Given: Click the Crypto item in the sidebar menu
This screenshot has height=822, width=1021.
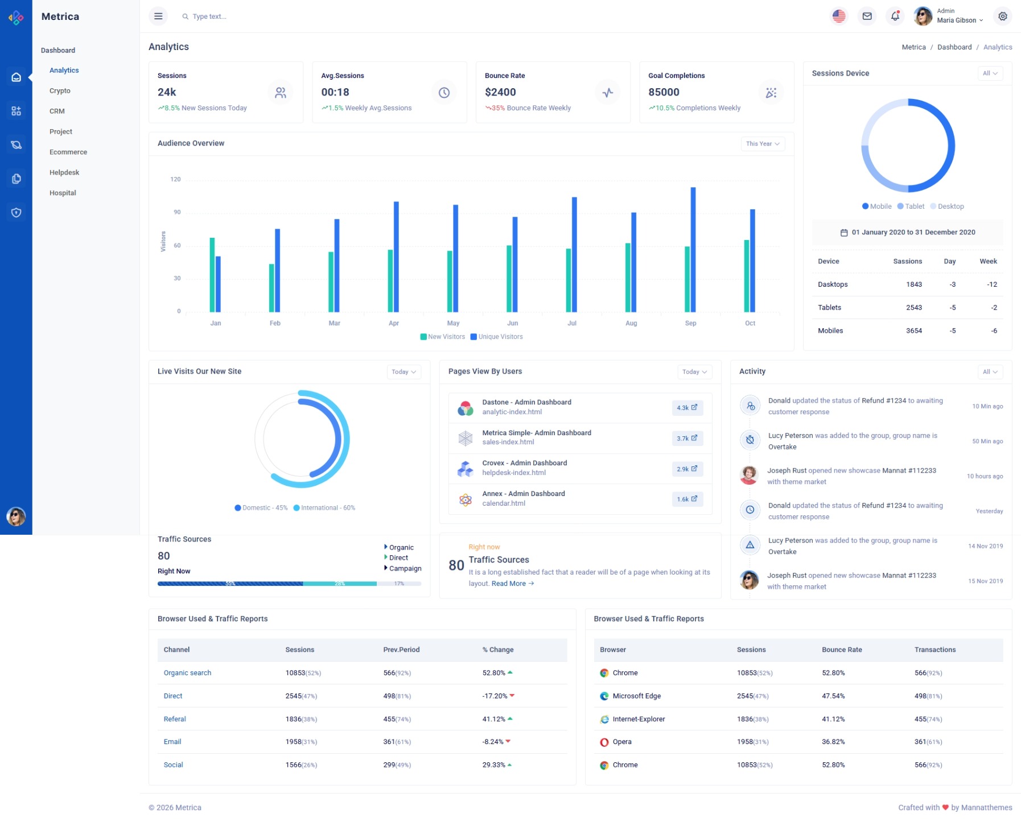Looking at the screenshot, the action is click(x=60, y=91).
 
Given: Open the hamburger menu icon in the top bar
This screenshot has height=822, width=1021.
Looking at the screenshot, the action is click(x=158, y=16).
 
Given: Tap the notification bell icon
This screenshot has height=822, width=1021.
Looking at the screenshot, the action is click(x=895, y=16).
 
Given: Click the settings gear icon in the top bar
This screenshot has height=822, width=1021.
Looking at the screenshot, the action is click(x=1002, y=16).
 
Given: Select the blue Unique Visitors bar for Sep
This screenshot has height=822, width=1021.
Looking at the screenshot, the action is click(x=693, y=250).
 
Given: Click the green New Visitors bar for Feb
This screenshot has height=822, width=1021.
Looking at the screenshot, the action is click(x=271, y=288).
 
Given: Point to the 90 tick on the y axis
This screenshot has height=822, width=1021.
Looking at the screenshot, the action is click(x=177, y=212).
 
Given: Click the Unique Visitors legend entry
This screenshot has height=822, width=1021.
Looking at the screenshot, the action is click(x=496, y=337).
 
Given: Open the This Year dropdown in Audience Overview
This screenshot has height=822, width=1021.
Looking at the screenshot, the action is click(x=762, y=144).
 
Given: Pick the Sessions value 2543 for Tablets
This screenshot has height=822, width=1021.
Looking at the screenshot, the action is click(x=913, y=308).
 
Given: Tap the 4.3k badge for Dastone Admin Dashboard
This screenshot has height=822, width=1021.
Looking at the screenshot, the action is click(x=687, y=408).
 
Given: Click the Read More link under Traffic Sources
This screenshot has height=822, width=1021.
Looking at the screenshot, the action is click(x=512, y=584).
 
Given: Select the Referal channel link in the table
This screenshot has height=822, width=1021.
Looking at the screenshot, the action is click(x=175, y=719).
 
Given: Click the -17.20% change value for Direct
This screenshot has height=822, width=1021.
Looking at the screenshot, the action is click(x=495, y=696).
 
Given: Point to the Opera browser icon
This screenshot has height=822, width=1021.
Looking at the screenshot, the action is click(x=604, y=742).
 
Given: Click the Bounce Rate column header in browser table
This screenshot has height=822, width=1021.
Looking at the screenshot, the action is click(x=842, y=650).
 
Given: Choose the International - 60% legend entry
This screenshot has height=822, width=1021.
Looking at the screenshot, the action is click(x=324, y=508).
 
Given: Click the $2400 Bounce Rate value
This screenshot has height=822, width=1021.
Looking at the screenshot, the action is click(x=500, y=92).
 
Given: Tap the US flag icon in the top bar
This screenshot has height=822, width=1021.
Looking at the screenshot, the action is click(x=838, y=16).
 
